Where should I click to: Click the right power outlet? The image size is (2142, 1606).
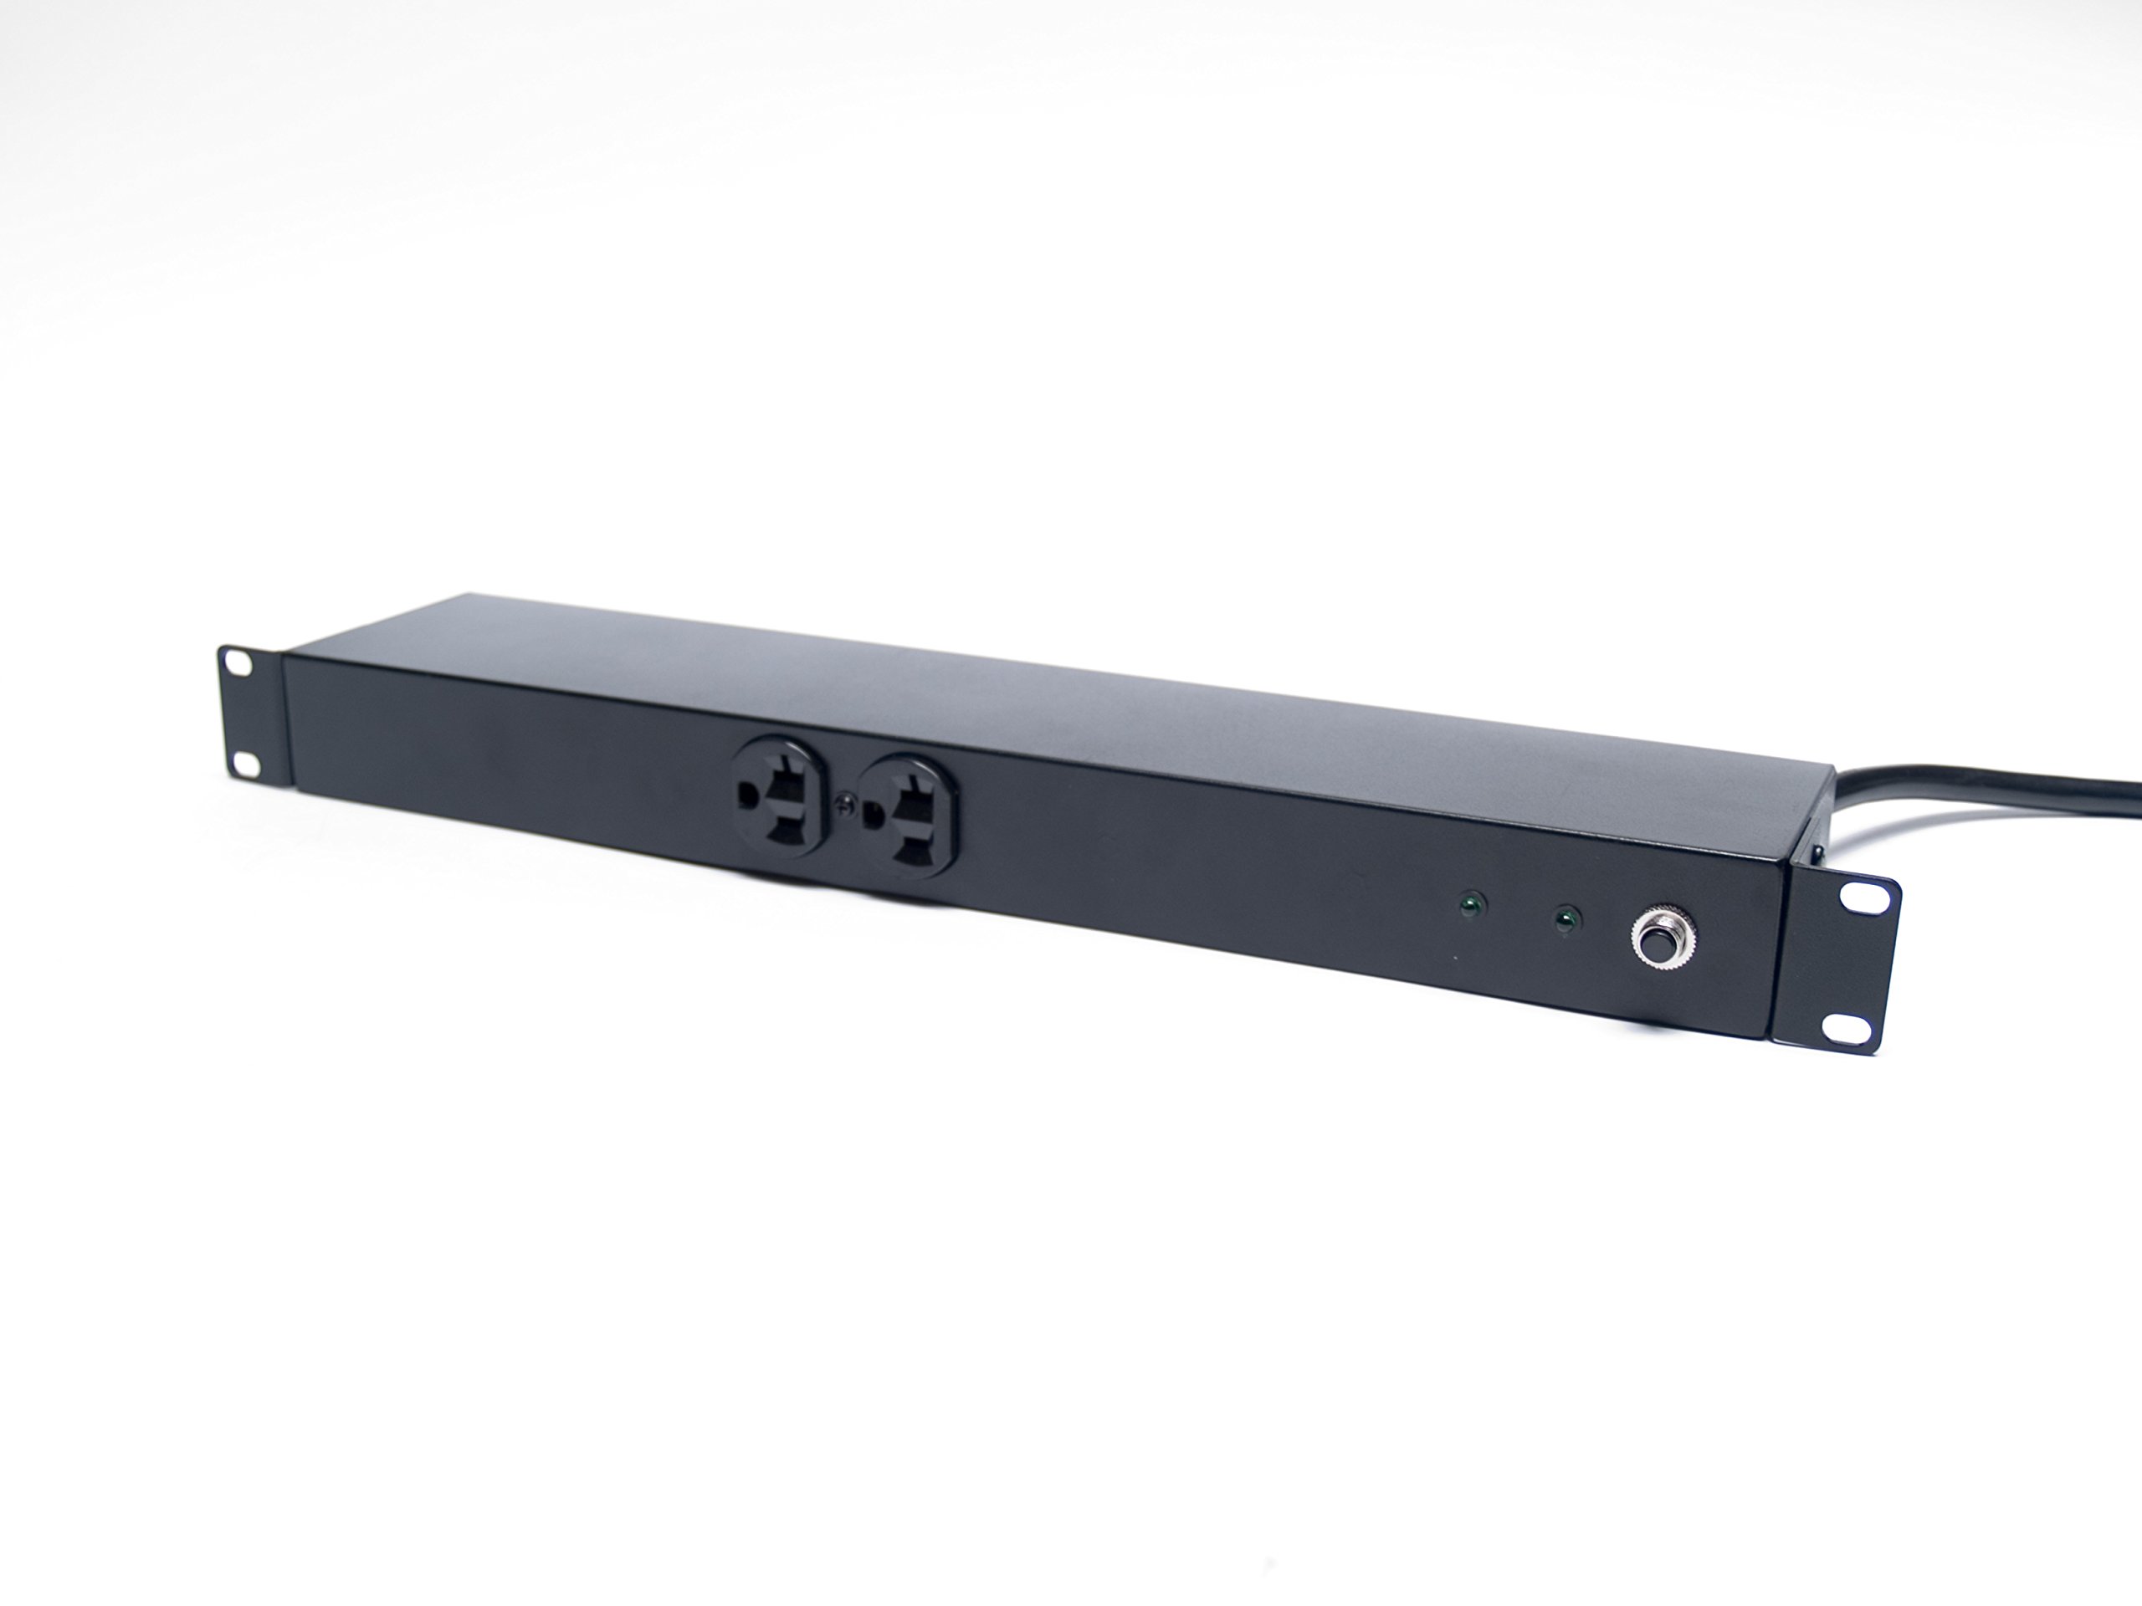[x=906, y=815]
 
